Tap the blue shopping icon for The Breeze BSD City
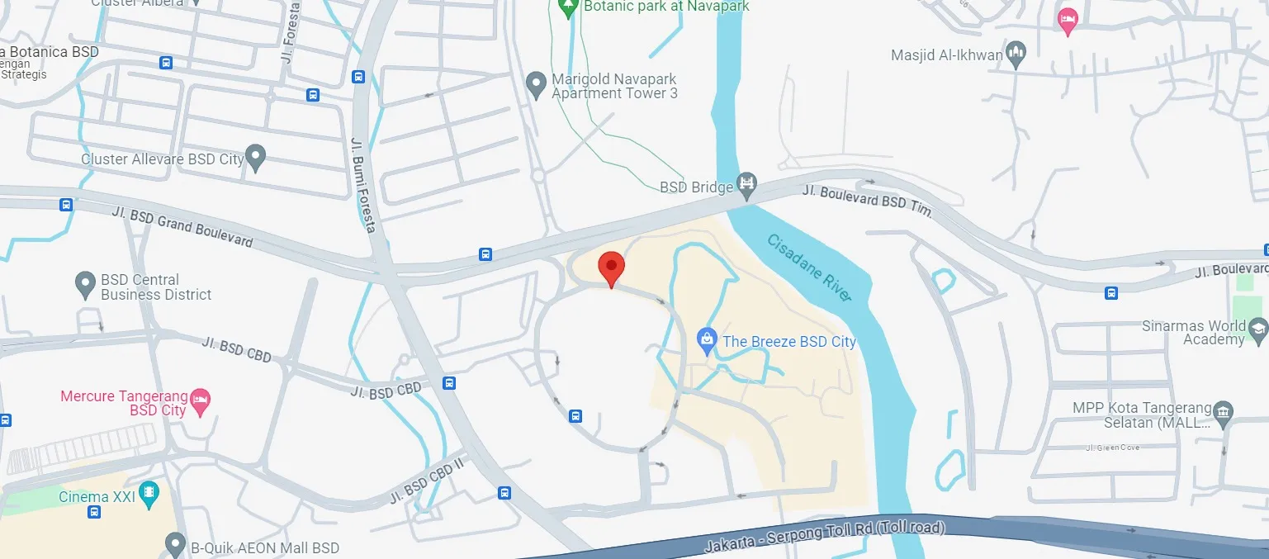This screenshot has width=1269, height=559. click(706, 338)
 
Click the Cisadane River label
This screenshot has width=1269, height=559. click(809, 267)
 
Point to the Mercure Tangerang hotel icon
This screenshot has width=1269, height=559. click(200, 401)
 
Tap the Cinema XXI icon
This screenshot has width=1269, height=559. click(149, 495)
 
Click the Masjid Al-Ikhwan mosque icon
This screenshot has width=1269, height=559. click(1017, 54)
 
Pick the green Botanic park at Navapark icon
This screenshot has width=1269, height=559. click(567, 8)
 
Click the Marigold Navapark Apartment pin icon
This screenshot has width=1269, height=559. click(537, 83)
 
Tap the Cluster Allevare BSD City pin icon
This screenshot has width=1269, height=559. click(256, 157)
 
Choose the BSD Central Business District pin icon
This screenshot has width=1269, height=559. click(85, 285)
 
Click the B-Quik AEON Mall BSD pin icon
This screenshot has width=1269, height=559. click(175, 545)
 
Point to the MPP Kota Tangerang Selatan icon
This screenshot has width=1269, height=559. click(1224, 410)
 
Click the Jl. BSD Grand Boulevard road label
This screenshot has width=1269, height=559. click(182, 226)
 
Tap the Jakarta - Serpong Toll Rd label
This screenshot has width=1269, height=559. click(824, 536)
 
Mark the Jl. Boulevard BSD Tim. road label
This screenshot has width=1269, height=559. click(867, 201)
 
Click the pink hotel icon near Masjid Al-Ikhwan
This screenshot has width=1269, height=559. click(1068, 21)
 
